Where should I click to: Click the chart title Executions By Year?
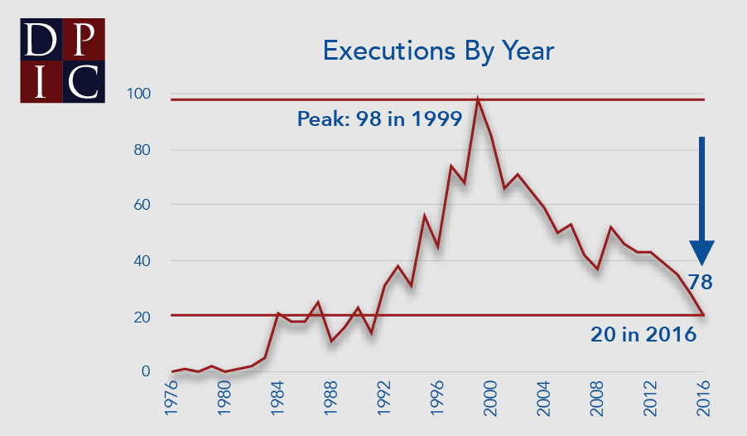click(438, 51)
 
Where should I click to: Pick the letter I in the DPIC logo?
click(41, 80)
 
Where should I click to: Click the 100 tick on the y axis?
click(138, 94)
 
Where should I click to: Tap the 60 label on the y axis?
click(142, 205)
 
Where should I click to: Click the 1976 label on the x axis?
click(172, 405)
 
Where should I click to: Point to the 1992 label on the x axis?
click(384, 405)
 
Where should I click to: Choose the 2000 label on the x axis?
click(491, 405)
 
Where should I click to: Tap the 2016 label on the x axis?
click(704, 405)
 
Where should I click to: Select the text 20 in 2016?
click(643, 335)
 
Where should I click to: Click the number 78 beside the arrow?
click(700, 283)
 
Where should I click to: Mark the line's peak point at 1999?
click(478, 99)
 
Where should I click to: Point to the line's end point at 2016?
click(704, 316)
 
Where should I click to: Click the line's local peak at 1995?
click(425, 216)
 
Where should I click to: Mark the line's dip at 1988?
click(332, 341)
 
